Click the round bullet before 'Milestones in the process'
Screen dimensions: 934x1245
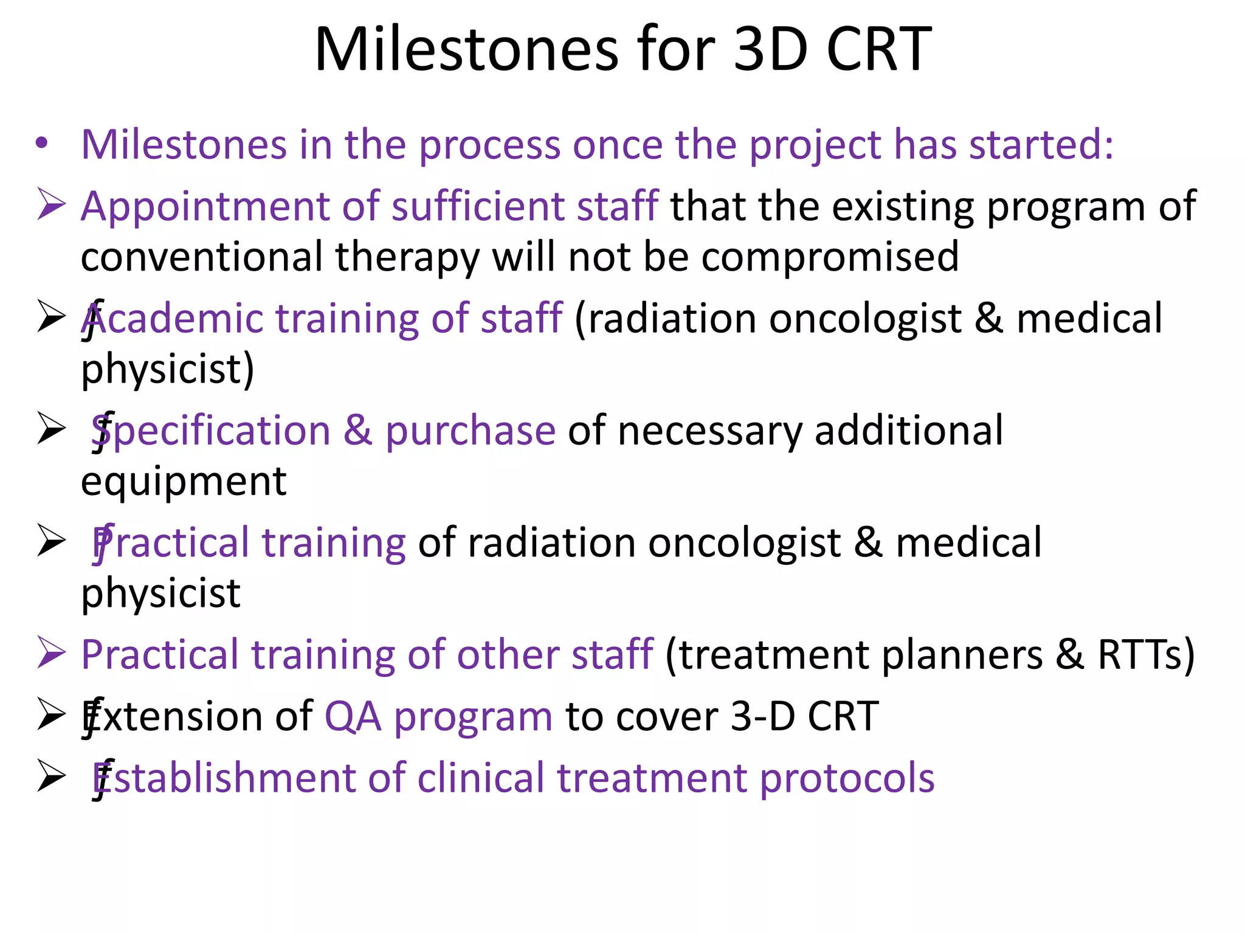click(x=41, y=144)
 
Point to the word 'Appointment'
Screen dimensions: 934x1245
click(x=204, y=207)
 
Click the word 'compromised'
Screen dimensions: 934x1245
click(x=830, y=258)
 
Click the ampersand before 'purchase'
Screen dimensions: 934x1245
click(x=357, y=431)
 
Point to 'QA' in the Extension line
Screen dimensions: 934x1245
click(x=353, y=716)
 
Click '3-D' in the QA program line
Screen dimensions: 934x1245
click(x=762, y=716)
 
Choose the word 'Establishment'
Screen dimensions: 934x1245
click(x=224, y=778)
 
